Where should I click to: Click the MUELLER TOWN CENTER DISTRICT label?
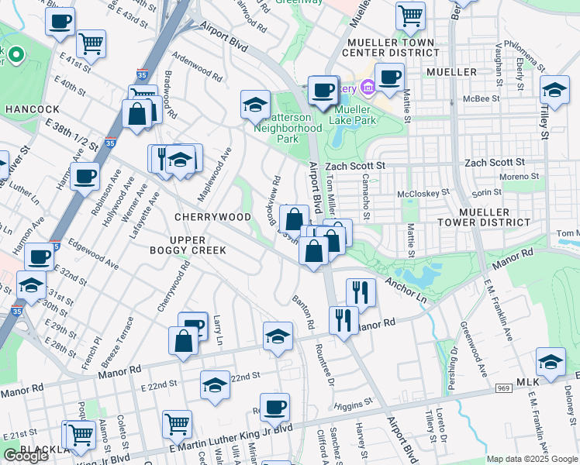394,46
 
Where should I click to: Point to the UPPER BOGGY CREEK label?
189,244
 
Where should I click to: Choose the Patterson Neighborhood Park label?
288,122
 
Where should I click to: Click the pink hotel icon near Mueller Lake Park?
367,89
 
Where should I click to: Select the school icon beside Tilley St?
554,91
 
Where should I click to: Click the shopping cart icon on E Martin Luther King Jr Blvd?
177,423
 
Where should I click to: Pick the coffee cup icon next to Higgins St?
273,406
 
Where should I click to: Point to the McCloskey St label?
423,193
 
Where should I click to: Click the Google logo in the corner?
26,456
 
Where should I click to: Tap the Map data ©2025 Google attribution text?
531,459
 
